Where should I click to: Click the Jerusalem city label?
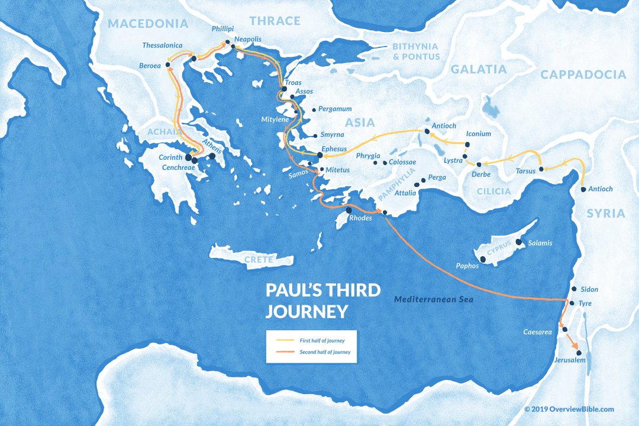tap(570, 360)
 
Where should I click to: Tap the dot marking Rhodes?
tap(349, 210)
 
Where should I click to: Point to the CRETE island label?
tap(259, 259)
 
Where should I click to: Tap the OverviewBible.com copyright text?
tap(569, 409)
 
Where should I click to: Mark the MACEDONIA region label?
tap(148, 24)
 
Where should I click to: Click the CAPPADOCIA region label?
tap(583, 75)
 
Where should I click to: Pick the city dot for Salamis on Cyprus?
tap(518, 242)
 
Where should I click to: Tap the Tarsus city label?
tap(525, 171)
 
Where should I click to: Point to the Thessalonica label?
tap(162, 46)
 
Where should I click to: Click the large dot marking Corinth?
tap(189, 158)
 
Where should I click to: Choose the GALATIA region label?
tap(479, 69)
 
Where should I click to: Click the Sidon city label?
tap(589, 289)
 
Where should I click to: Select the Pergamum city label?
tap(335, 109)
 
